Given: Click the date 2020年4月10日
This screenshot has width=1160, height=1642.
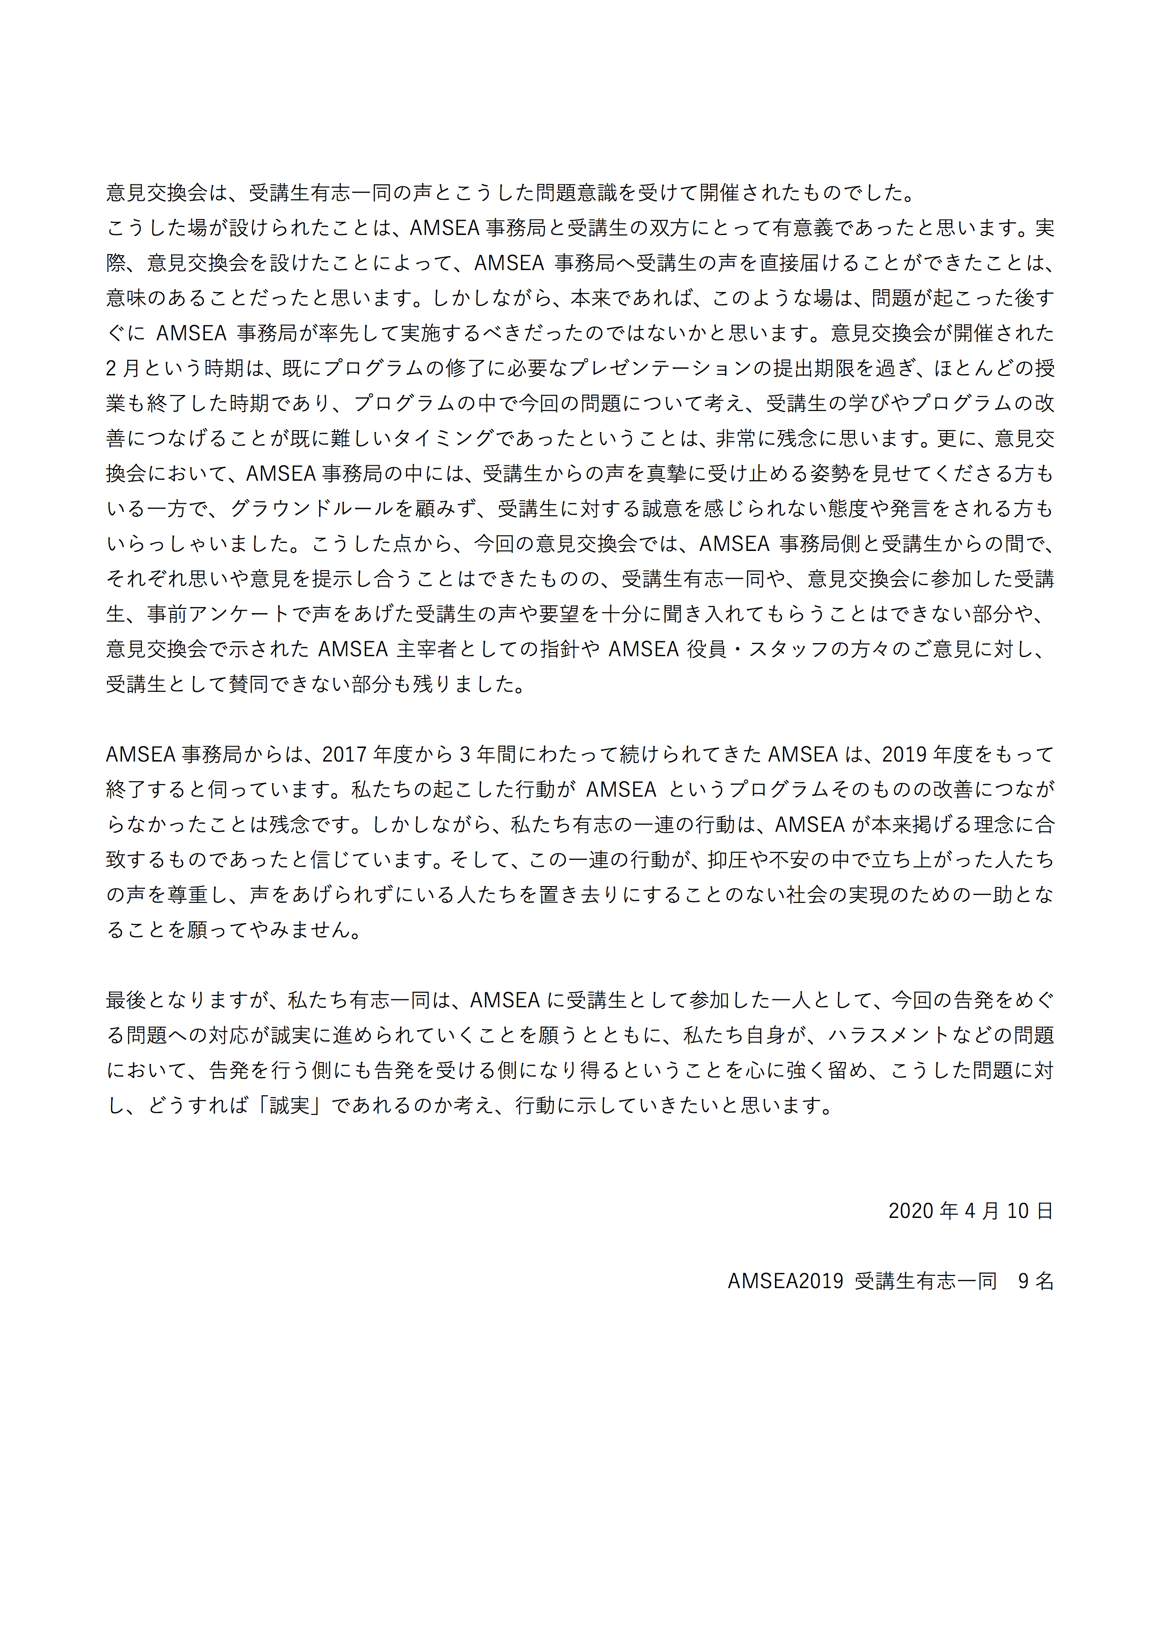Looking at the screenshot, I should click(x=970, y=1211).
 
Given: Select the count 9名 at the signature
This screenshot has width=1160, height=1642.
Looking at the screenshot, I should click(x=1036, y=1281).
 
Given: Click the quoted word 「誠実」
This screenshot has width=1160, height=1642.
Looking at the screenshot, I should click(x=290, y=1106).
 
